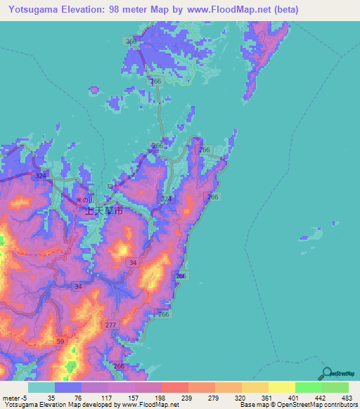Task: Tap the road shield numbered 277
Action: click(x=110, y=325)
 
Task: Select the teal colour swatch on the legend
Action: click(x=41, y=387)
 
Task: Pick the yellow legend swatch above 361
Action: click(x=255, y=387)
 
